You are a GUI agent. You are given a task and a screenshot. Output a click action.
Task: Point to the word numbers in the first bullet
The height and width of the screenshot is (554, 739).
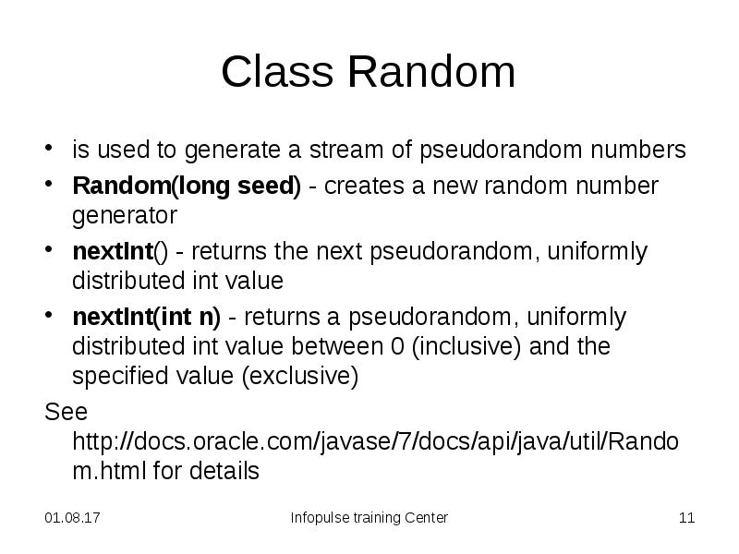tap(641, 150)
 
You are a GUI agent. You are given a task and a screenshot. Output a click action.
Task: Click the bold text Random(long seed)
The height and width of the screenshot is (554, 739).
tap(187, 186)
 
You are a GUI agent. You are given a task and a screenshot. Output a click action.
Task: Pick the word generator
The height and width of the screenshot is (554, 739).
tap(124, 215)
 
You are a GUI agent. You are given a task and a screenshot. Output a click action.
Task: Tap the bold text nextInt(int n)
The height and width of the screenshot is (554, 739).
tap(147, 317)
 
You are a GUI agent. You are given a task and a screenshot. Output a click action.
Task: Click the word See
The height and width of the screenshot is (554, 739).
tap(66, 411)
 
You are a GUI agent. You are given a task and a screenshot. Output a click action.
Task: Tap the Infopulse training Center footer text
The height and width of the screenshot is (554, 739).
tap(369, 518)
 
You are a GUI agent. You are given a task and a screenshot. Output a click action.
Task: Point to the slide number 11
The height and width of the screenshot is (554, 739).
tap(686, 518)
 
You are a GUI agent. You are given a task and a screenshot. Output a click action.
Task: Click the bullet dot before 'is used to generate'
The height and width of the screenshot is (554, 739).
tap(51, 151)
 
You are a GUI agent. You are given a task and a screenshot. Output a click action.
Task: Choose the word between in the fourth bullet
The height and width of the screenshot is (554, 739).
tap(333, 347)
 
